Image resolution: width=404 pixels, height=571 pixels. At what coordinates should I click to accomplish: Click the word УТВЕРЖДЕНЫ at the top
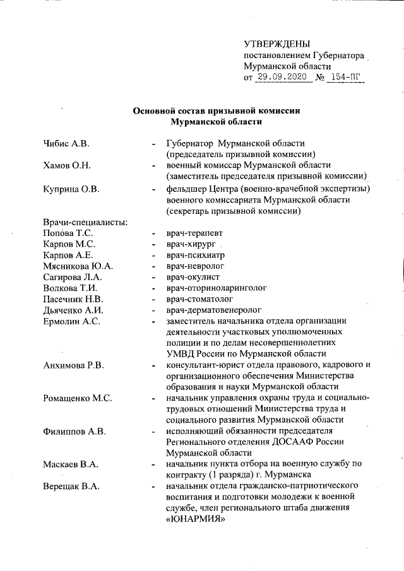276,44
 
